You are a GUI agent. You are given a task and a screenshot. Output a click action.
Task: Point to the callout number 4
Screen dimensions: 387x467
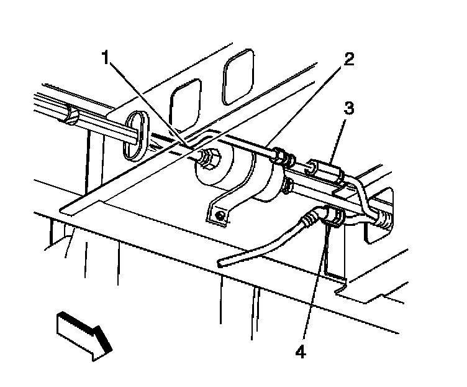click(x=301, y=352)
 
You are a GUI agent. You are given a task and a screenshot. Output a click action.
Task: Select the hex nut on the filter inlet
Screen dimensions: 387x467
click(x=209, y=161)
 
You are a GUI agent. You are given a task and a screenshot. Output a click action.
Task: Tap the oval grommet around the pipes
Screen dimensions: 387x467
click(x=134, y=132)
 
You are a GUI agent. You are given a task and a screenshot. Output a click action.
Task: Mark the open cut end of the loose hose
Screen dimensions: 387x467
click(x=222, y=264)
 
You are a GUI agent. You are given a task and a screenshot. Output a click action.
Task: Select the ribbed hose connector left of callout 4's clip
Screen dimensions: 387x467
click(x=309, y=219)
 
